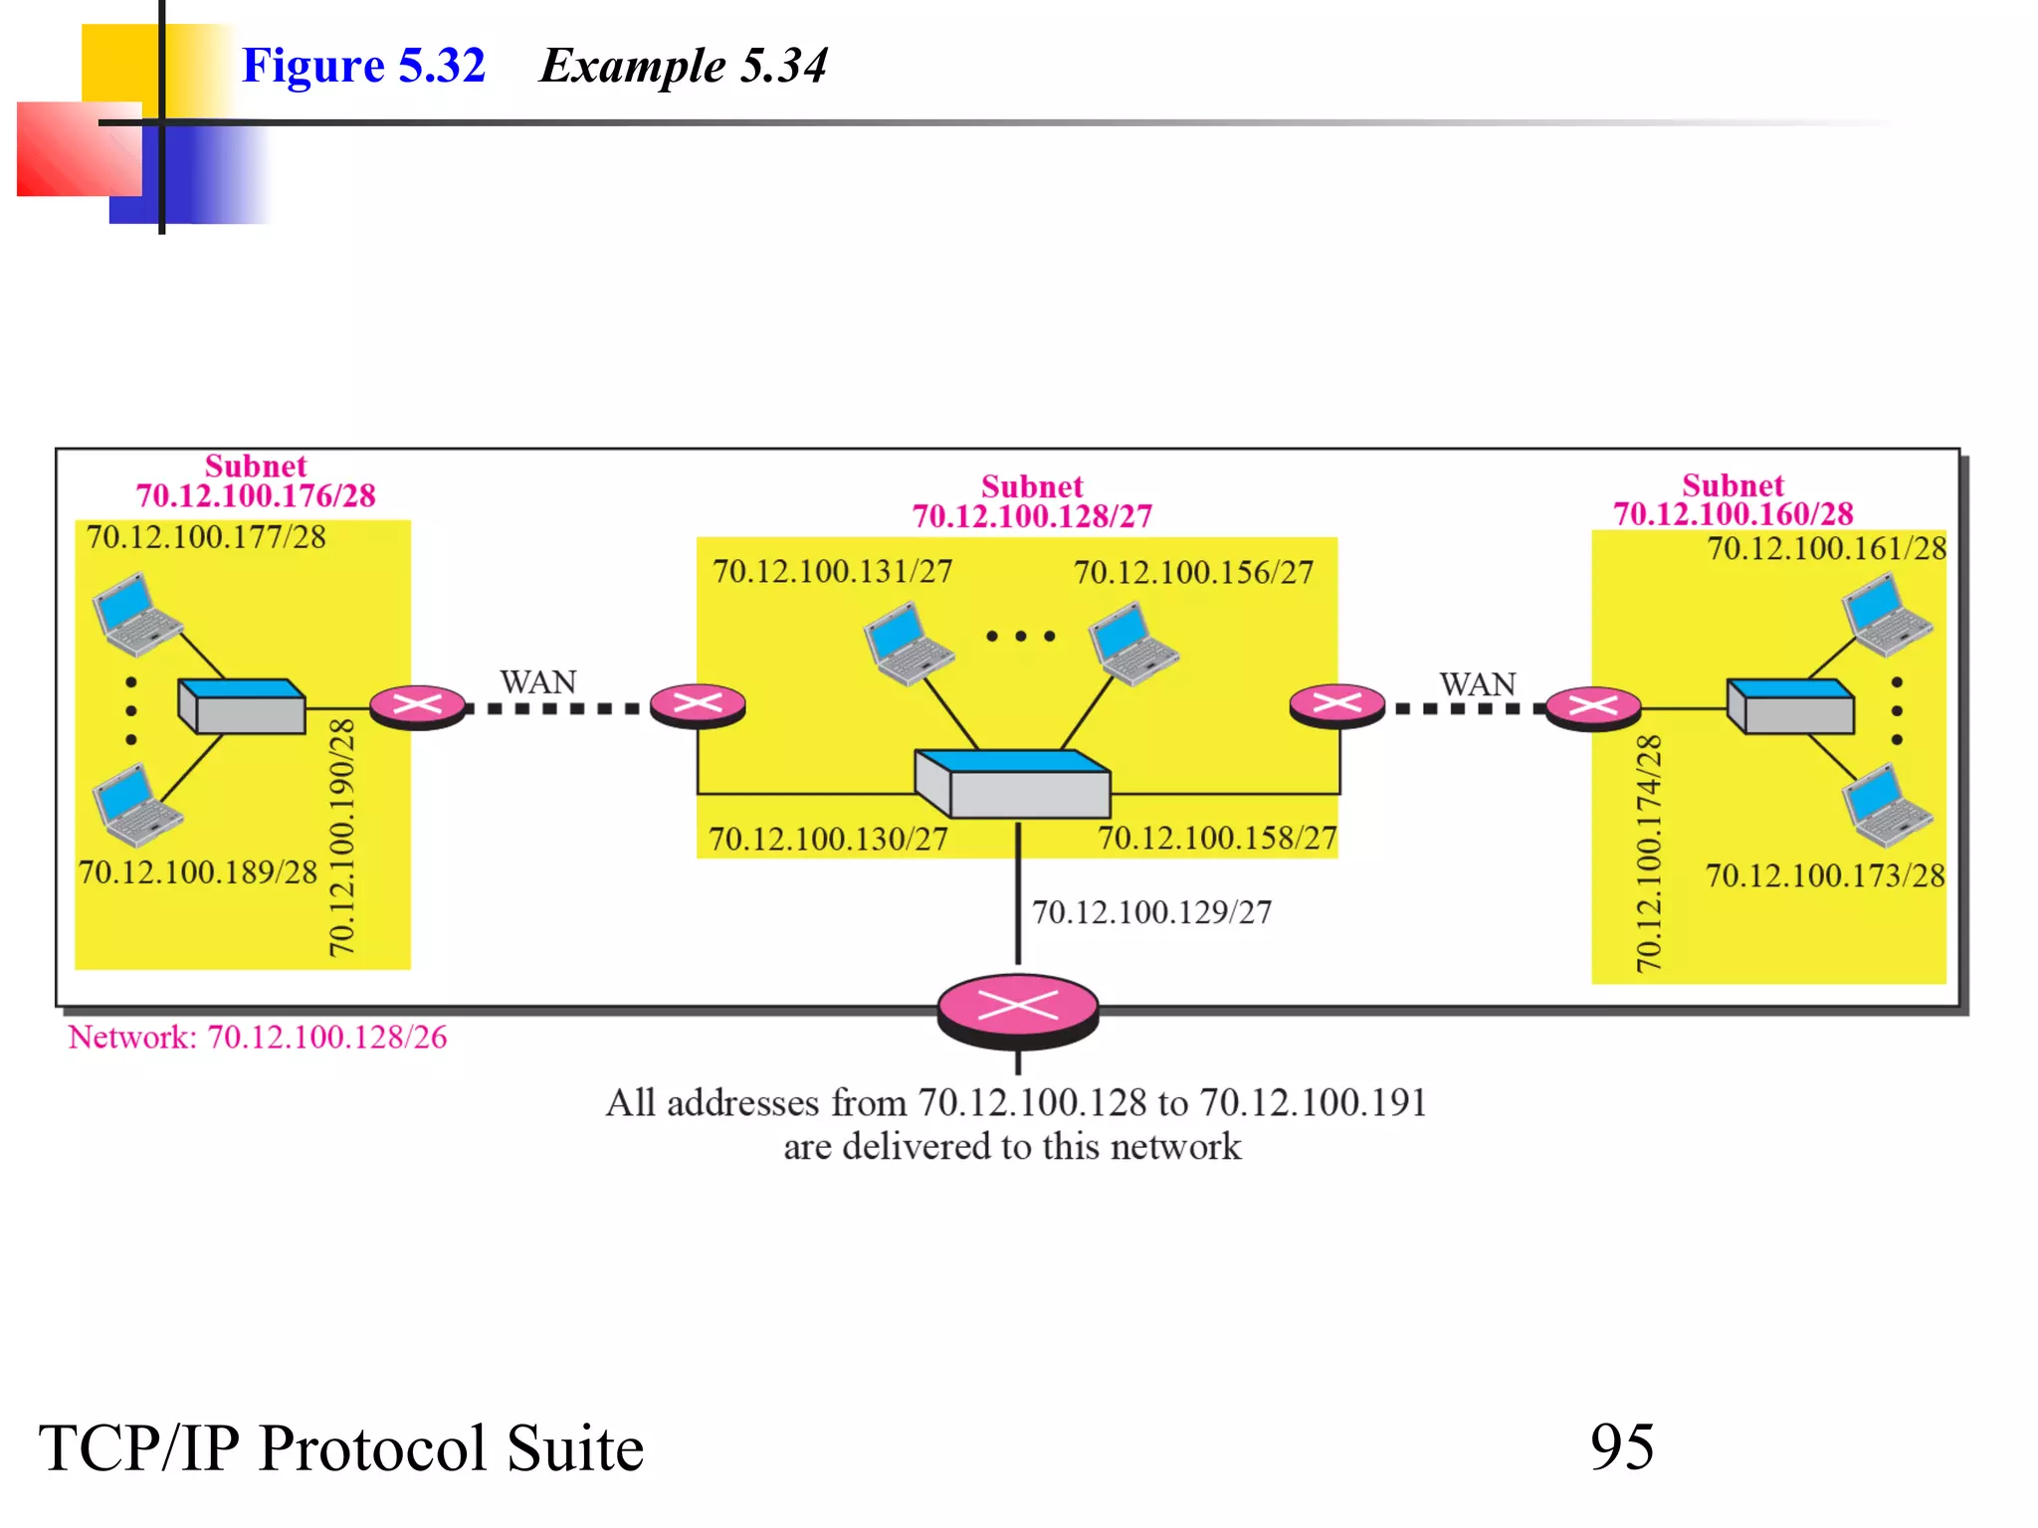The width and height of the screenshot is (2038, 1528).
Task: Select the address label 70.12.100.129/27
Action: (x=1151, y=912)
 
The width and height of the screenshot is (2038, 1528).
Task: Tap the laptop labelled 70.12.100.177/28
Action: (x=135, y=614)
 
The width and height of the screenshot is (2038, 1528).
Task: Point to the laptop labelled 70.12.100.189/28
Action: (x=135, y=805)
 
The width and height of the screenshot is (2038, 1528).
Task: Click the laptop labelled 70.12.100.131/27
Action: (x=907, y=645)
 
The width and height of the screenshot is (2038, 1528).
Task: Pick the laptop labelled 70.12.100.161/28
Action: (x=1886, y=616)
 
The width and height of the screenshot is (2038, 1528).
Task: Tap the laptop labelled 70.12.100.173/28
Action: (x=1886, y=805)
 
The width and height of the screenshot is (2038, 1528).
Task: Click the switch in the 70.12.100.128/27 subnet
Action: (x=1012, y=784)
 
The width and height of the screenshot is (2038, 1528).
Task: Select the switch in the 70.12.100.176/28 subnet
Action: (x=242, y=706)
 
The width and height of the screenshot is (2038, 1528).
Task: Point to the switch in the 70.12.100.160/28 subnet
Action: (x=1790, y=706)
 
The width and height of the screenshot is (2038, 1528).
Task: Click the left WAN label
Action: (x=538, y=682)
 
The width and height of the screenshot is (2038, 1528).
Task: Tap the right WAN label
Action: (x=1478, y=684)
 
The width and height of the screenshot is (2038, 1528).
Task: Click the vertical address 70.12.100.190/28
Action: (x=341, y=838)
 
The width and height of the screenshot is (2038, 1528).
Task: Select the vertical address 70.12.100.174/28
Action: (x=1649, y=854)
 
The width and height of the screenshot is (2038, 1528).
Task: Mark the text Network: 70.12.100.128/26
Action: (x=258, y=1038)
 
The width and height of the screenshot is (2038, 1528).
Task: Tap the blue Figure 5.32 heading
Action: (x=363, y=66)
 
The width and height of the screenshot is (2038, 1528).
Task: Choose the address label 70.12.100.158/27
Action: (x=1217, y=839)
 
